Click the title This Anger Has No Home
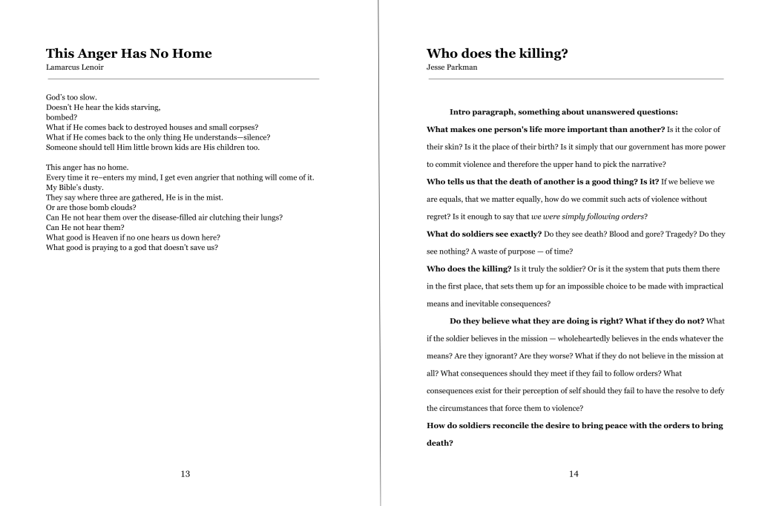(x=128, y=53)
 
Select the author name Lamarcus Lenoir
(x=74, y=68)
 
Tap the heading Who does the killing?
(x=502, y=53)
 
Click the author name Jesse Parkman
(x=453, y=68)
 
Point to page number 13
(x=185, y=474)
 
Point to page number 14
(x=574, y=474)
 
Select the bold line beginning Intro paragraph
(x=564, y=112)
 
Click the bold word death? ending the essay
(x=440, y=443)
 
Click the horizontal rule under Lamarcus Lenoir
(x=183, y=79)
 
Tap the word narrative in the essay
(x=640, y=164)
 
